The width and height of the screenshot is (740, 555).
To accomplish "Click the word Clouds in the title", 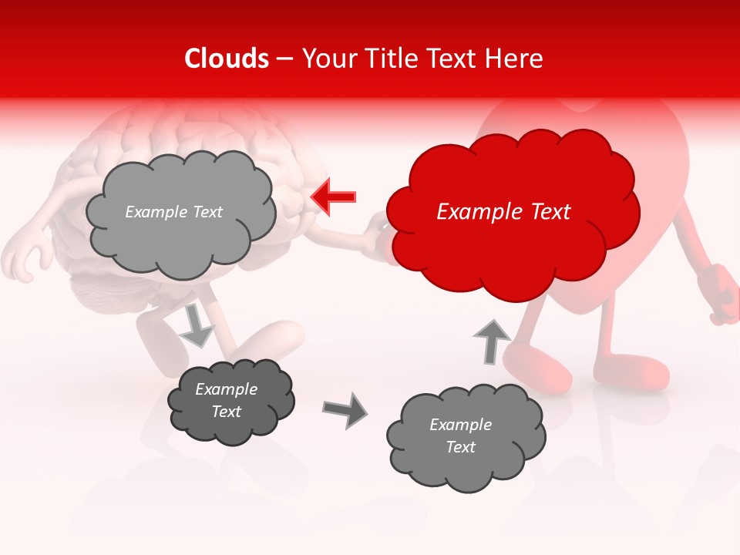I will tap(227, 59).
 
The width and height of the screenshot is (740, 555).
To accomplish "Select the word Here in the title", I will tap(516, 59).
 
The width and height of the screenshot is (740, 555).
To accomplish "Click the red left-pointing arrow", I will tap(333, 197).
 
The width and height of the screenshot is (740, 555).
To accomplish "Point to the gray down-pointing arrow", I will tap(197, 325).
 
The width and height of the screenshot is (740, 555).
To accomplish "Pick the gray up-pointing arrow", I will tap(491, 340).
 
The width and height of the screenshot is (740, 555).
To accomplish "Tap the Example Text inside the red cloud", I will tap(503, 212).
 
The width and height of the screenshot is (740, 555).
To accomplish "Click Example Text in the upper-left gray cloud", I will tap(173, 212).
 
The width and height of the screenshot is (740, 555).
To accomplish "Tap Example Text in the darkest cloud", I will tap(226, 401).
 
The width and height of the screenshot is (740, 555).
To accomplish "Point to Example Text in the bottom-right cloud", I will tap(460, 436).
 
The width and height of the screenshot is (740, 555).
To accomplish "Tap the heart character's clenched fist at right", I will tap(722, 292).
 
